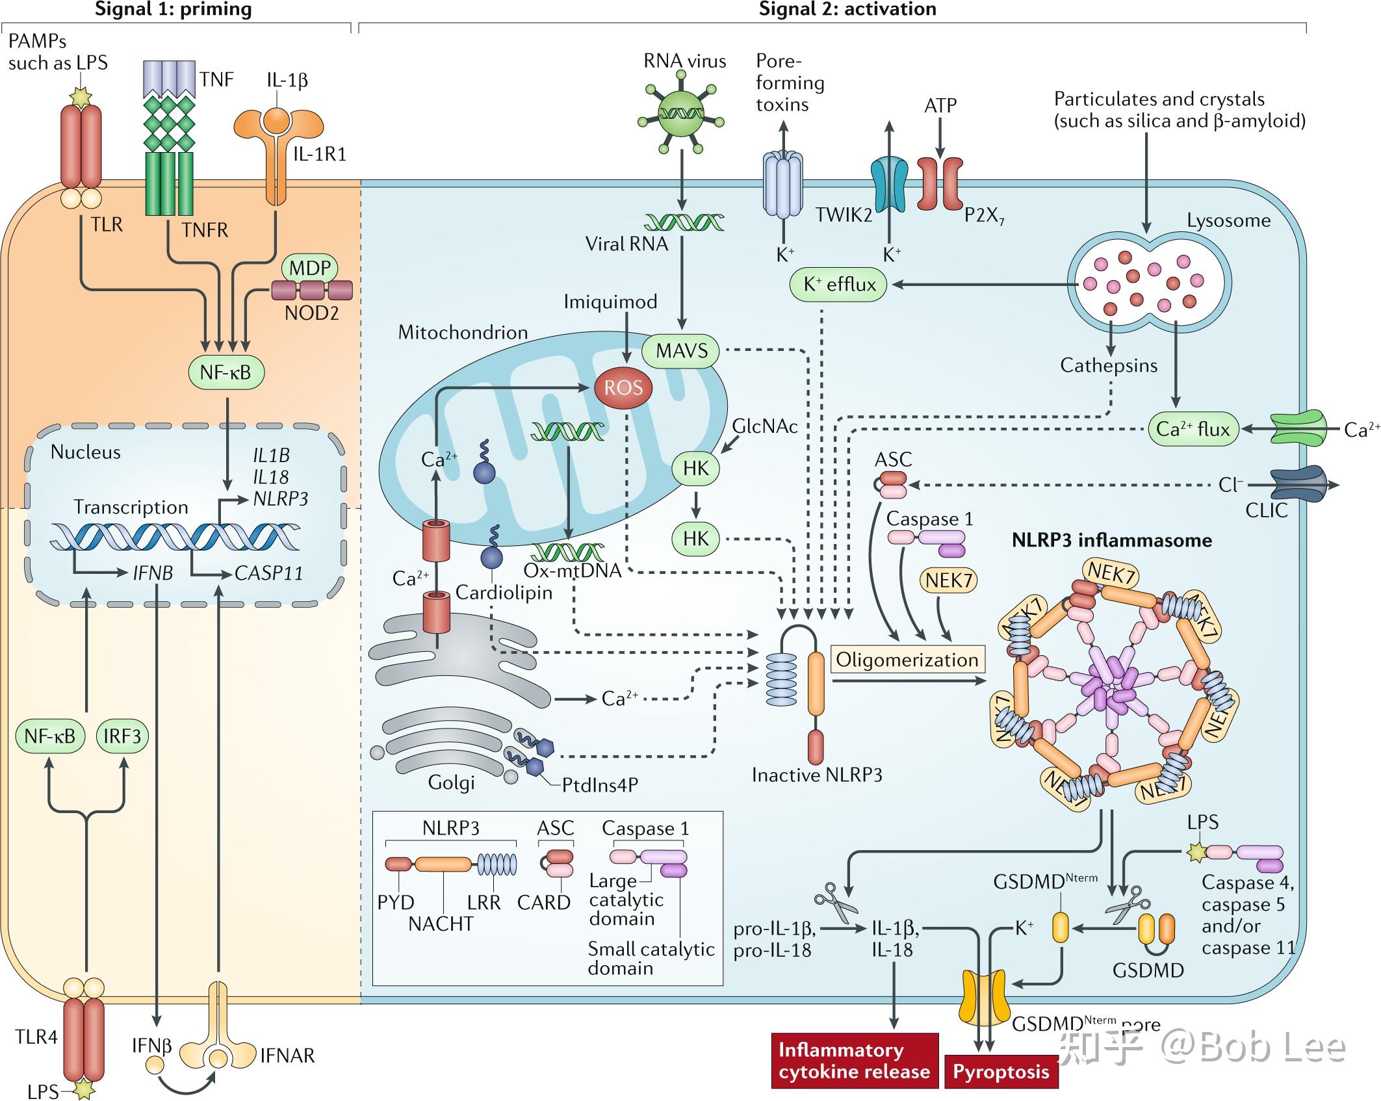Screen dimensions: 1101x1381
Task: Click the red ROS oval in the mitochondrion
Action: point(623,389)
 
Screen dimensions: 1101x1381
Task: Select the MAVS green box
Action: point(681,351)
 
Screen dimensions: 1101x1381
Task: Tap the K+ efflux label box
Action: point(838,285)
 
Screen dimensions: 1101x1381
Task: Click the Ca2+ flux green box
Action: point(1193,429)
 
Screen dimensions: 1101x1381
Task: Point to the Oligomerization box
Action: point(907,660)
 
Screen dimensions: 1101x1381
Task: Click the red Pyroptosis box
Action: point(1001,1071)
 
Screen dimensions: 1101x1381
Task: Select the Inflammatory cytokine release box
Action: point(854,1060)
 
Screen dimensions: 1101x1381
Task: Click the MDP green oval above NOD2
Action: point(310,268)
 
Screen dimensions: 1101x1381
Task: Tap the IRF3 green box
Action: point(122,736)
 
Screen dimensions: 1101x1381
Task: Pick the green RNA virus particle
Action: point(681,113)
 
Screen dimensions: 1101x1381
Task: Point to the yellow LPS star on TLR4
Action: point(85,1088)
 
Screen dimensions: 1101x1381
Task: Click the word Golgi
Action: point(451,782)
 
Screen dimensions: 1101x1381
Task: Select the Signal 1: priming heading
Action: point(174,9)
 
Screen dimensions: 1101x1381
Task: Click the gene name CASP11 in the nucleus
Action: point(268,573)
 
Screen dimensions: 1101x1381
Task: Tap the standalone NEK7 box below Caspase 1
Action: point(948,580)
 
